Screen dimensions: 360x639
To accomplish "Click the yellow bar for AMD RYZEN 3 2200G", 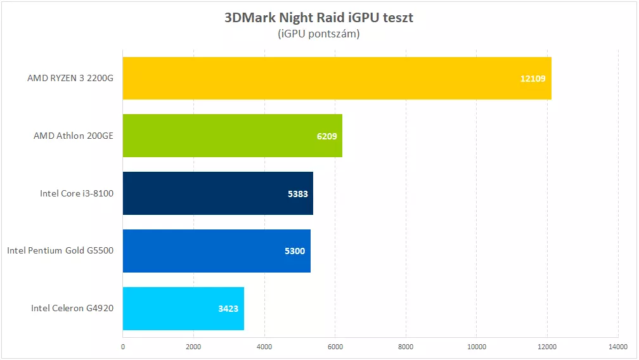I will [x=336, y=78].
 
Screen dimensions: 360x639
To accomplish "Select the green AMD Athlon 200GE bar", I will [x=232, y=136].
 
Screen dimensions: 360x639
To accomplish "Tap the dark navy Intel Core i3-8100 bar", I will [x=217, y=193].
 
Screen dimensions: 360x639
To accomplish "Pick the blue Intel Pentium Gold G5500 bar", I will [x=216, y=251].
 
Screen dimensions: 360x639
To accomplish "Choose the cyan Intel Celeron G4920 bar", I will [x=183, y=309].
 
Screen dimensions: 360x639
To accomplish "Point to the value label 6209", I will [x=325, y=136].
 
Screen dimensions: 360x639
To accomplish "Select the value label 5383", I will [x=297, y=194].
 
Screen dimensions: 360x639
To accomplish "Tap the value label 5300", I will [x=295, y=251].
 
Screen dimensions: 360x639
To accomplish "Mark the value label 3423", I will [x=228, y=309].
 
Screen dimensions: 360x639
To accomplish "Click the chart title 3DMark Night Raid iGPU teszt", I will [x=319, y=18].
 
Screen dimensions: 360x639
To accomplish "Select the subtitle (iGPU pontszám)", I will [x=319, y=34].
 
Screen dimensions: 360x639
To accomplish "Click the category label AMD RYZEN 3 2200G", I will [x=70, y=79].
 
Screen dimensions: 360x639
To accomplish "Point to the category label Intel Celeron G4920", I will [x=72, y=309].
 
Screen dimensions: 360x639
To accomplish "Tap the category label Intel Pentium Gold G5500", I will [x=60, y=251].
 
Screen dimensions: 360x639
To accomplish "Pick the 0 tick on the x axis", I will [x=123, y=346].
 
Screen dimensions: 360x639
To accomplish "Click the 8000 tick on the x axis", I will [x=406, y=346].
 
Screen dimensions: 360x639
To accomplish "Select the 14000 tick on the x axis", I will [x=618, y=346].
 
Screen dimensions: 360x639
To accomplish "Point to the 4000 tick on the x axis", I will [x=264, y=346].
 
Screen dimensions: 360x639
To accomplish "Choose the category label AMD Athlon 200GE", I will [x=74, y=136].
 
